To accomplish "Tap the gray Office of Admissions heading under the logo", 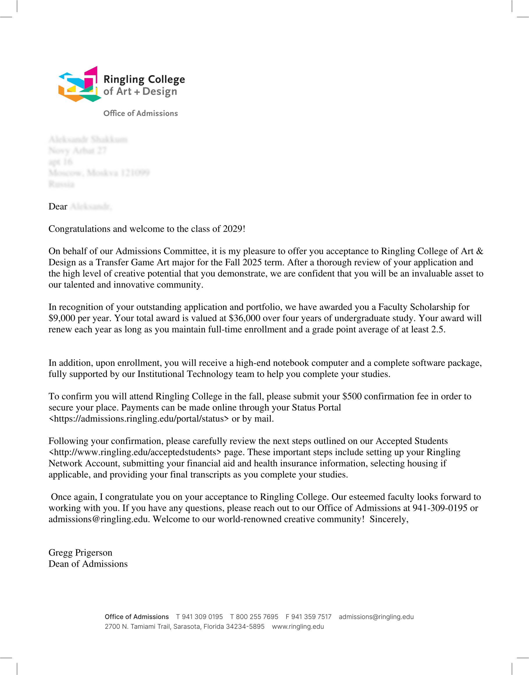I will click(x=141, y=113).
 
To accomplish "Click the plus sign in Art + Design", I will click(x=137, y=92).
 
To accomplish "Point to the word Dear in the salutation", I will click(x=58, y=207).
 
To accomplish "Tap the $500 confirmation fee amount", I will click(x=352, y=396).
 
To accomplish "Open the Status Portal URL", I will click(x=139, y=419).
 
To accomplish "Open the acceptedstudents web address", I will click(x=135, y=452).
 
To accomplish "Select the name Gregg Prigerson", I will click(x=80, y=553).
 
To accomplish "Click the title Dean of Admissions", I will click(x=88, y=564).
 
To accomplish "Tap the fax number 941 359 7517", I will click(x=311, y=617).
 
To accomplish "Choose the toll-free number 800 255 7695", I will click(x=257, y=617).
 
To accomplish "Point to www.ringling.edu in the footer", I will click(x=298, y=627).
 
